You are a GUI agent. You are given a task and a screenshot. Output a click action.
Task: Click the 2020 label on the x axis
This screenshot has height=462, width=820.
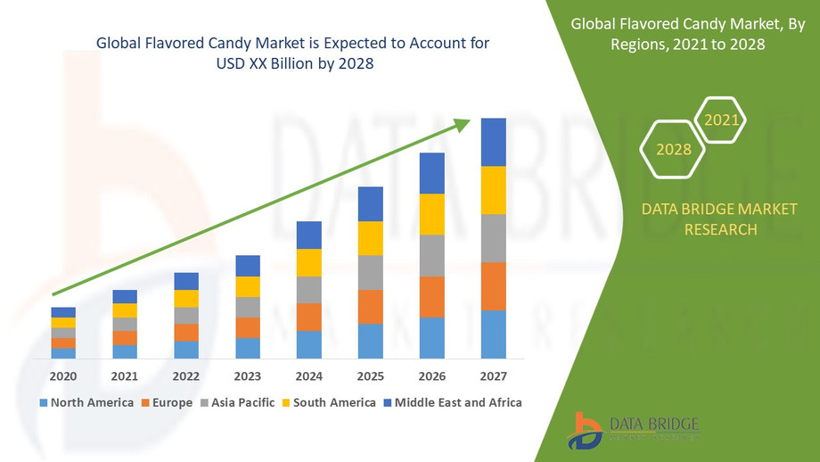coord(63,377)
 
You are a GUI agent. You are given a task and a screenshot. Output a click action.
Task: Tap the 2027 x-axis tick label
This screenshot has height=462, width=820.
coord(493,377)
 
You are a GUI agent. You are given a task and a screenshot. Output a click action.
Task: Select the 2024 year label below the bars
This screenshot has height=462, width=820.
coord(308,377)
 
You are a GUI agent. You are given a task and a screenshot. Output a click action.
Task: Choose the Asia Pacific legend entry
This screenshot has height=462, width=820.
coord(237,402)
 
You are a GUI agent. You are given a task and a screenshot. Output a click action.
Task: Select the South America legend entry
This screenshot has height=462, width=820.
coord(328,402)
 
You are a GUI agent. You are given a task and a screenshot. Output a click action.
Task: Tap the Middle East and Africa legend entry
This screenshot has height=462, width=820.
coord(452,402)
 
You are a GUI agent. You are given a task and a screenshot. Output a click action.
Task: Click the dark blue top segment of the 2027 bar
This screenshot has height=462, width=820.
coord(493,142)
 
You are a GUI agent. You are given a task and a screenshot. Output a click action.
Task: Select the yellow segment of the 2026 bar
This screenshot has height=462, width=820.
coord(431,214)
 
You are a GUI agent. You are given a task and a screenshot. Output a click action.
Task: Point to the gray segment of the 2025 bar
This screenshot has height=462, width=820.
coord(370,273)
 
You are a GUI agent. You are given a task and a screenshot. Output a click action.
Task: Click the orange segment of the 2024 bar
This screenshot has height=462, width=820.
coord(308,317)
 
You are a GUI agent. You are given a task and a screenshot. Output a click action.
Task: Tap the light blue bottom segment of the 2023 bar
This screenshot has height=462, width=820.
coord(247,348)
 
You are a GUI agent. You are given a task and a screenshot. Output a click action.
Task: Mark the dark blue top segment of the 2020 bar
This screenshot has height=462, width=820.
coord(63,312)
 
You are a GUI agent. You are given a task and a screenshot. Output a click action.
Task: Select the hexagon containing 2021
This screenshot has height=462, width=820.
coord(720,120)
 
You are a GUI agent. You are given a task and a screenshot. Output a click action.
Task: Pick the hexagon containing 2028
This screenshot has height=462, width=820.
coord(674,149)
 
